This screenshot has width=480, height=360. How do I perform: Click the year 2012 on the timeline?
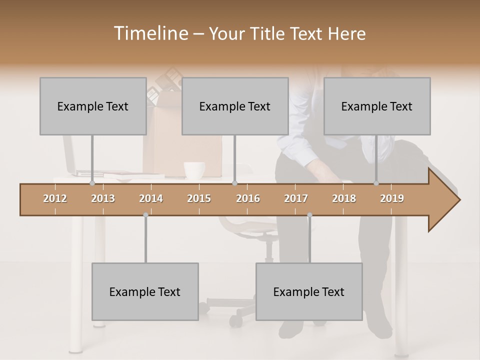(x=55, y=198)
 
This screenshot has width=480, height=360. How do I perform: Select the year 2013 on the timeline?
(x=103, y=198)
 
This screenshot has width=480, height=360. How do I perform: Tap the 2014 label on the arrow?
(x=151, y=198)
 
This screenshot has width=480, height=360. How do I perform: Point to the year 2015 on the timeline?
(x=199, y=198)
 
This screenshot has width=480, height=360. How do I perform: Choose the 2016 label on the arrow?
(x=248, y=198)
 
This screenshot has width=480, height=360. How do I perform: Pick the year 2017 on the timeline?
(x=296, y=198)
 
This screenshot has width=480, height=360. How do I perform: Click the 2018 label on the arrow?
(x=344, y=198)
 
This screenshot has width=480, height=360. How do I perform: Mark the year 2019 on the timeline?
(x=392, y=198)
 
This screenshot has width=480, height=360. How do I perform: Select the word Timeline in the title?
(x=150, y=33)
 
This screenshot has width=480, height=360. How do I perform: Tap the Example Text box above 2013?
(x=93, y=106)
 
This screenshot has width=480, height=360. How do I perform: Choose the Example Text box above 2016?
(x=235, y=106)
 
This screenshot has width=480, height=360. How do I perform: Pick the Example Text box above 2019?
(x=377, y=106)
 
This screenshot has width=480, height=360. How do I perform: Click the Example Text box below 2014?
(x=145, y=291)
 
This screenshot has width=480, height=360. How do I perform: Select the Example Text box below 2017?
(x=309, y=291)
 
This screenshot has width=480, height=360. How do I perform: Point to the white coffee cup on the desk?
(x=194, y=170)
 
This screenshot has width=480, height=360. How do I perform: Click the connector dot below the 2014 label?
(x=145, y=215)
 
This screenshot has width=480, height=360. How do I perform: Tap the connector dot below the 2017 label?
(x=309, y=215)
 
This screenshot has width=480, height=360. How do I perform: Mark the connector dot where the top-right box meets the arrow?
(x=376, y=183)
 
